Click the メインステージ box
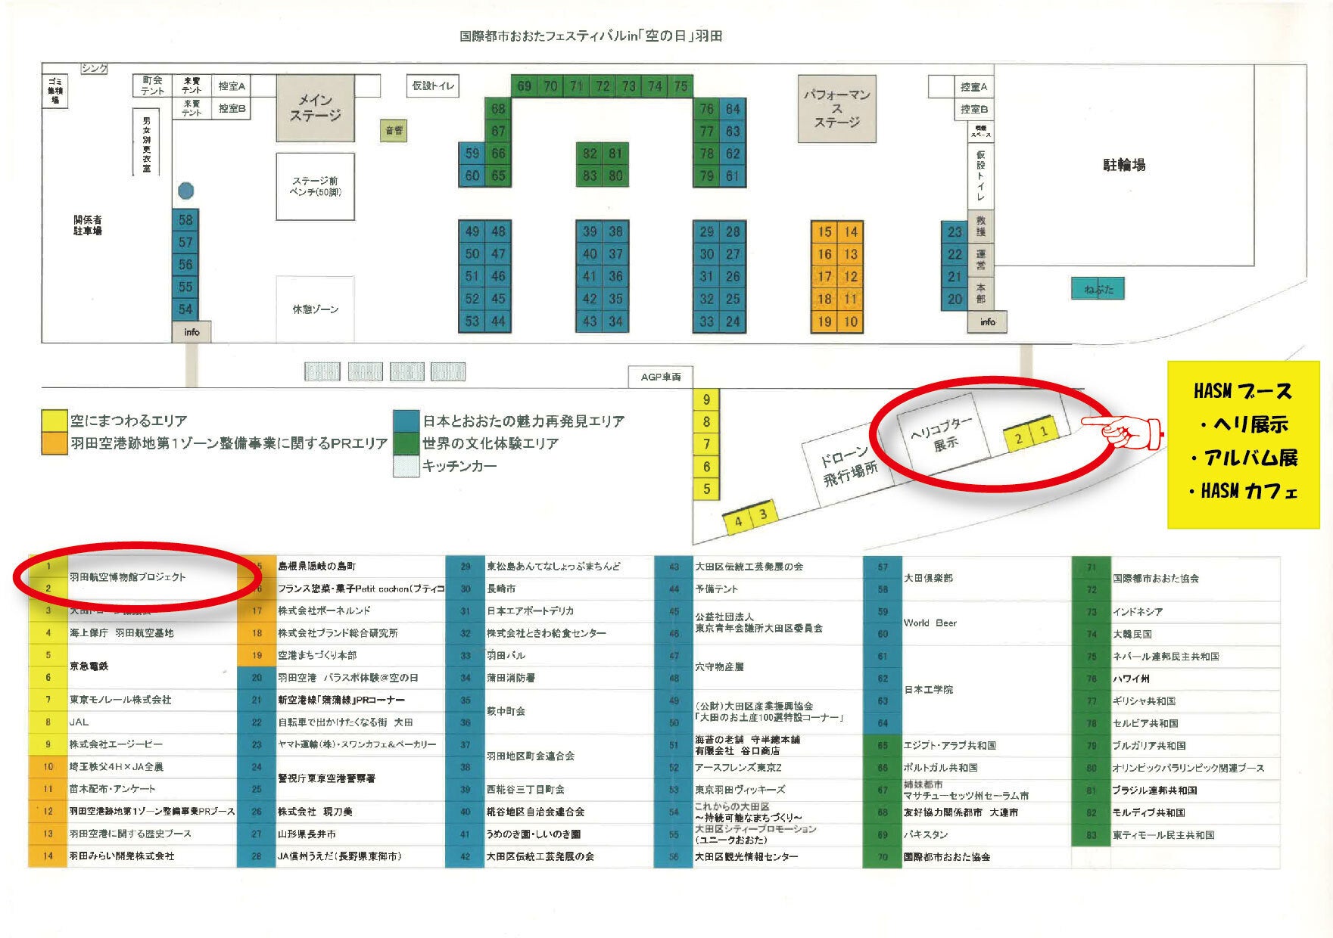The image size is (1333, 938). (315, 108)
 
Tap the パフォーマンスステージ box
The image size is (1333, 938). (836, 108)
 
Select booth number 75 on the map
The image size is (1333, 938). (681, 86)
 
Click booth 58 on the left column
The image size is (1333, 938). (185, 220)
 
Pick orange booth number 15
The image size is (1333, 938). (824, 232)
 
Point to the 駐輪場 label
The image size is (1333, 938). (1123, 165)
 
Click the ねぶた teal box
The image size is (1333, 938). (1098, 289)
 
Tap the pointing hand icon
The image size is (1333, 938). (1123, 432)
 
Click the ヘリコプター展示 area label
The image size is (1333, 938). (942, 434)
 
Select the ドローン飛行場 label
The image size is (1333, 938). (849, 465)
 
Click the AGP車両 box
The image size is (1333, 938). (660, 377)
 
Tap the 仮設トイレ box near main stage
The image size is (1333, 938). (432, 86)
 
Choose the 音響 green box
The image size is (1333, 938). (394, 131)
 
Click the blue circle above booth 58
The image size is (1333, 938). (185, 191)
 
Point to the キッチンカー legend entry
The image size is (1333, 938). (459, 466)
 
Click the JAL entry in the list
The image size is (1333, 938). (79, 722)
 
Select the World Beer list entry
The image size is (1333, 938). (930, 623)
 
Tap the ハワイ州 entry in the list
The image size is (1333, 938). (1131, 679)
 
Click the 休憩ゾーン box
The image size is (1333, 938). (315, 309)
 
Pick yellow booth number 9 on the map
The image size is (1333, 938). (706, 400)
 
